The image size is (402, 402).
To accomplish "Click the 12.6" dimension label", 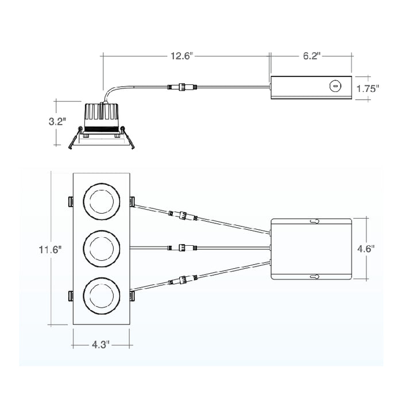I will [182, 56].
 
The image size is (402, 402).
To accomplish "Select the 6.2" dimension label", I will [311, 56].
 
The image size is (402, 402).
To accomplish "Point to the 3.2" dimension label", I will [57, 122].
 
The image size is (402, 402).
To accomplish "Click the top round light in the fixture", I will [102, 202].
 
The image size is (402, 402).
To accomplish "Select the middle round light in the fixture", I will [102, 248].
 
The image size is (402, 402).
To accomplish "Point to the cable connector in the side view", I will [181, 87].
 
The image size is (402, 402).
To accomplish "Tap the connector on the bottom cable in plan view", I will [182, 280].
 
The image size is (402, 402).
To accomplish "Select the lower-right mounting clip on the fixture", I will [133, 295].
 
